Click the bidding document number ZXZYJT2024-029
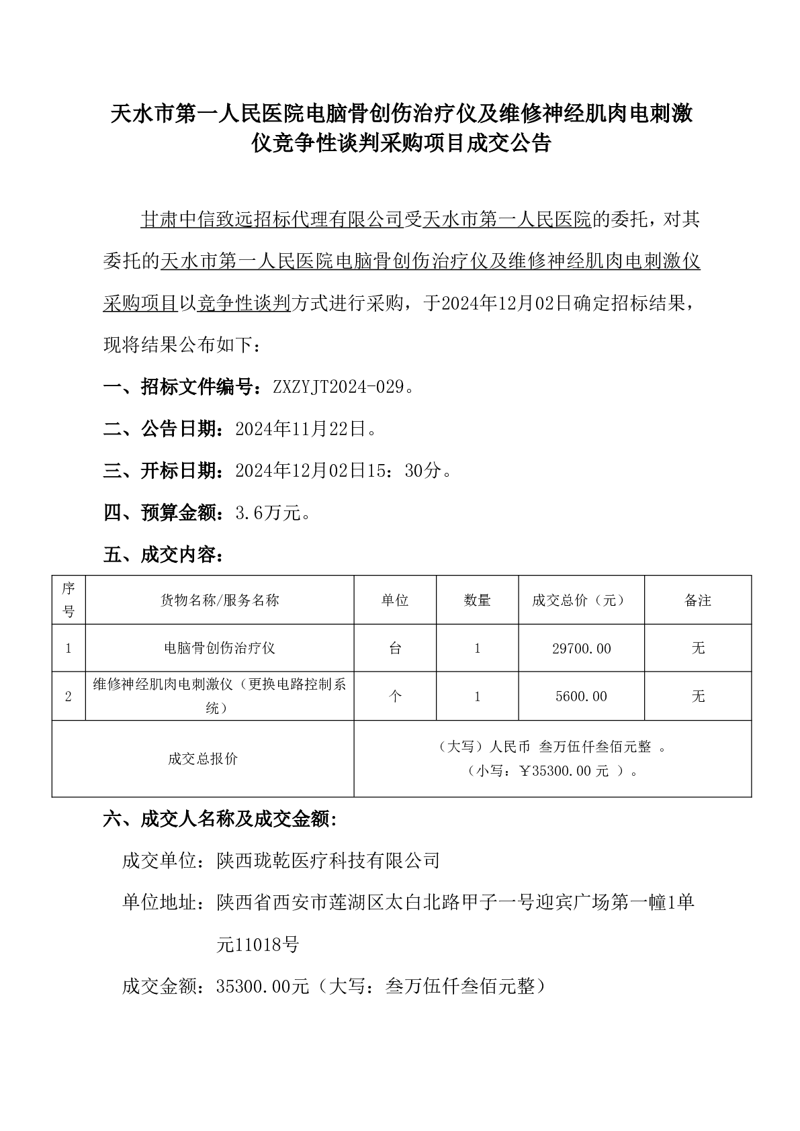click(x=339, y=388)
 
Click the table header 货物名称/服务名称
click(x=220, y=600)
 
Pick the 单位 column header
click(x=395, y=600)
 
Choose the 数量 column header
click(x=477, y=600)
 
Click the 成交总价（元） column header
click(x=581, y=600)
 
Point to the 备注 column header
click(x=698, y=600)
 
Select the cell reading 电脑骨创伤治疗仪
click(x=220, y=648)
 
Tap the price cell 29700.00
click(x=581, y=649)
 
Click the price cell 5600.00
click(x=581, y=696)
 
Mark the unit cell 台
click(x=395, y=648)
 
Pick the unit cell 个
click(x=395, y=696)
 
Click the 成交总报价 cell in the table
click(x=203, y=759)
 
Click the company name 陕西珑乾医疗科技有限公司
click(x=328, y=860)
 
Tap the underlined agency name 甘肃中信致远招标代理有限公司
click(x=271, y=220)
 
